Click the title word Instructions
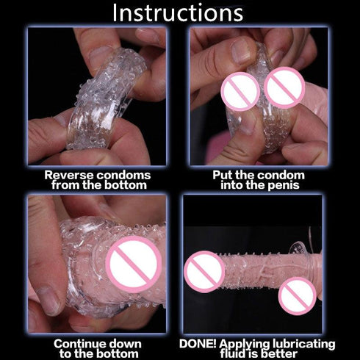[177, 12]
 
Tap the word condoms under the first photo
[123, 175]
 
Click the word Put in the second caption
[223, 175]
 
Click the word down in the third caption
[126, 343]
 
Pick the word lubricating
[307, 343]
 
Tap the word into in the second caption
[234, 185]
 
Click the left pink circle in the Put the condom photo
[240, 92]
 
